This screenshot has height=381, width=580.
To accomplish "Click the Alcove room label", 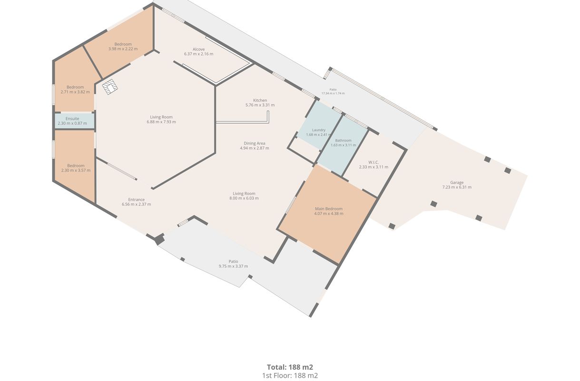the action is click(198, 49).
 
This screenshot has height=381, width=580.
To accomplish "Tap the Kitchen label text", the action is click(260, 100).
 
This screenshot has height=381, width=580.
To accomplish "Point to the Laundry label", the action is click(318, 130).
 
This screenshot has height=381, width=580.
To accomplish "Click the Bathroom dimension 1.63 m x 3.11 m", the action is click(344, 145).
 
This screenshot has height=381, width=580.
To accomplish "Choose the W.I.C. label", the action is click(374, 162).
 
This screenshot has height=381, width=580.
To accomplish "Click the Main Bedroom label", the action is click(329, 209).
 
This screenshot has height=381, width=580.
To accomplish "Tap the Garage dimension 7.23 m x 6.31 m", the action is click(457, 187).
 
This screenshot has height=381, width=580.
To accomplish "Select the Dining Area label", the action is click(254, 143).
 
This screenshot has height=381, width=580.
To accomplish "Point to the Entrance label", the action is click(136, 200).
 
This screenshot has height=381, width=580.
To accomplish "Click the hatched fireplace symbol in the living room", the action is click(110, 87).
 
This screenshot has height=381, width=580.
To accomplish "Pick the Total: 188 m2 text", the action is click(290, 367).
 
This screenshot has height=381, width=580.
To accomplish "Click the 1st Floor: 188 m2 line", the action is click(290, 376).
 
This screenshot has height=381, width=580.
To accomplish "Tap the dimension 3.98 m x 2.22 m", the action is click(123, 49).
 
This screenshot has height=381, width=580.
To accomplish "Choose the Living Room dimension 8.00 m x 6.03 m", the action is click(244, 198).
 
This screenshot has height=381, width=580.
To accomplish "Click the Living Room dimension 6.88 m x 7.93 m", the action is click(161, 122).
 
